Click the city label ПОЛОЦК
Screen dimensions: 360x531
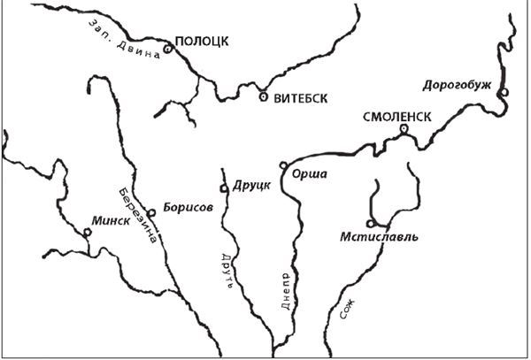pyautogui.click(x=201, y=41)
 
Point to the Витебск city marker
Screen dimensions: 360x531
pyautogui.click(x=263, y=96)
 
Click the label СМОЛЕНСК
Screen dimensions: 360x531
pyautogui.click(x=396, y=116)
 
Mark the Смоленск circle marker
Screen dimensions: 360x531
pyautogui.click(x=404, y=129)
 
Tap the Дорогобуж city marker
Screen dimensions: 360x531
pyautogui.click(x=502, y=92)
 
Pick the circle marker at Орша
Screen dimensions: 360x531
pyautogui.click(x=283, y=165)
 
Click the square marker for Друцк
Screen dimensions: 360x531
pyautogui.click(x=224, y=188)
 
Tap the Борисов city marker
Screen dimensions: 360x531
pyautogui.click(x=152, y=211)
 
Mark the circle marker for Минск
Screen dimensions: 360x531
pyautogui.click(x=87, y=233)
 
